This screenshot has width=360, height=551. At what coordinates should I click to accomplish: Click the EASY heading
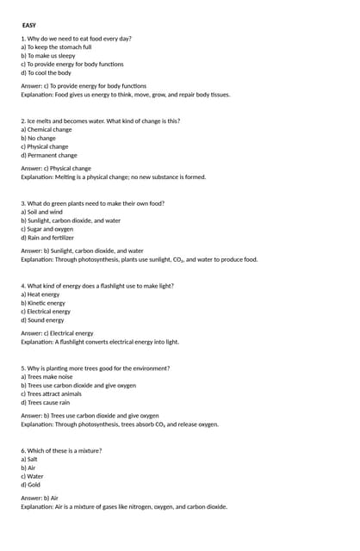29,25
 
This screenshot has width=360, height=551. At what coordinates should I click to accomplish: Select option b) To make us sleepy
48,56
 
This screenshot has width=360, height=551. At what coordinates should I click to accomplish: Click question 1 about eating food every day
76,39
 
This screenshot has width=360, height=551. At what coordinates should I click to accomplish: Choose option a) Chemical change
47,130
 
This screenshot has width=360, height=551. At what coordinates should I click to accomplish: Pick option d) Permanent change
49,156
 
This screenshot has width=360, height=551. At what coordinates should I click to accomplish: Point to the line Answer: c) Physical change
56,169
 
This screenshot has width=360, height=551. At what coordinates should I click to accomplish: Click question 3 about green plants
92,204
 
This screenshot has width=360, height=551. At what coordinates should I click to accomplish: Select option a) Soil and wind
41,212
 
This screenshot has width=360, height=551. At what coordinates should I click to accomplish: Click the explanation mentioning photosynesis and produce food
139,259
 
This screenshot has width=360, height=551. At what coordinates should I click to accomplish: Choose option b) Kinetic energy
43,303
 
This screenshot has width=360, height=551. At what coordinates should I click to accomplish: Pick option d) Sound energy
42,320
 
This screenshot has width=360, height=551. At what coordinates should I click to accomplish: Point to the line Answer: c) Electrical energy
57,333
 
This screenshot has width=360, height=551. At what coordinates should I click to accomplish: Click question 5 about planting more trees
95,368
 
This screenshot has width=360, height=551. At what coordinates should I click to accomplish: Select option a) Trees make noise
47,377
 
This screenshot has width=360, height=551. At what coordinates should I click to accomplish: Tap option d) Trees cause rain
46,402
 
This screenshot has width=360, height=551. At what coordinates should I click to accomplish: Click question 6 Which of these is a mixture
61,450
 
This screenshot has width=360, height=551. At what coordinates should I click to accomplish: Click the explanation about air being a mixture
124,506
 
